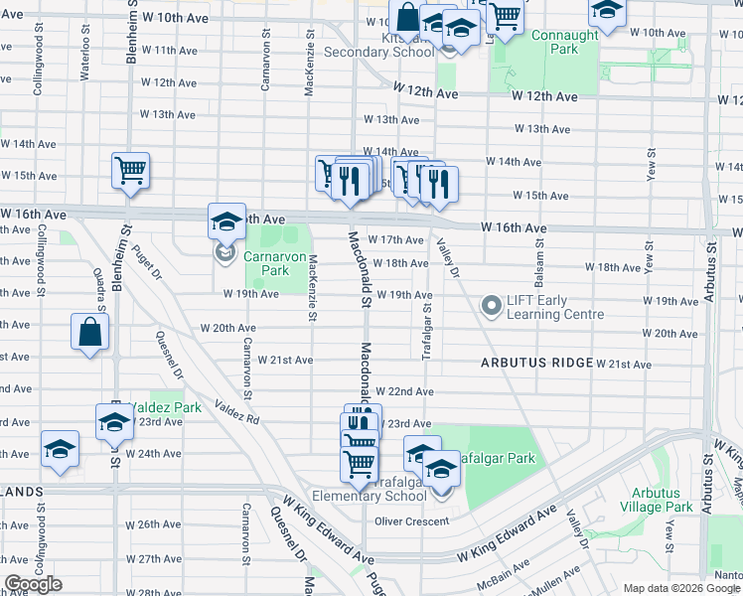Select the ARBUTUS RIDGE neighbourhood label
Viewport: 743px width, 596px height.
[x=537, y=364]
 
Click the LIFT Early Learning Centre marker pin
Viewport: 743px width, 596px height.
[x=491, y=306]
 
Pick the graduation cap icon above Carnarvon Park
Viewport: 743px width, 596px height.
[x=226, y=220]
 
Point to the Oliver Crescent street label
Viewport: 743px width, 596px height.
[x=412, y=521]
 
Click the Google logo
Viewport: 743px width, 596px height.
[x=33, y=584]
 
